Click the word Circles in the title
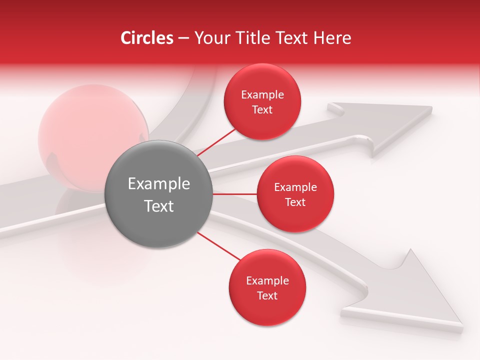pyautogui.click(x=146, y=38)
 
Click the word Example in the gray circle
pyautogui.click(x=159, y=184)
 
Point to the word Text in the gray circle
pyautogui.click(x=159, y=206)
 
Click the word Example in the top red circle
pyautogui.click(x=262, y=95)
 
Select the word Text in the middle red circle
pyautogui.click(x=295, y=202)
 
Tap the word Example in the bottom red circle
pyautogui.click(x=267, y=281)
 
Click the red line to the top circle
pyautogui.click(x=216, y=141)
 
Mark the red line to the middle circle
pyautogui.click(x=235, y=193)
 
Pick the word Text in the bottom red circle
pyautogui.click(x=267, y=296)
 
